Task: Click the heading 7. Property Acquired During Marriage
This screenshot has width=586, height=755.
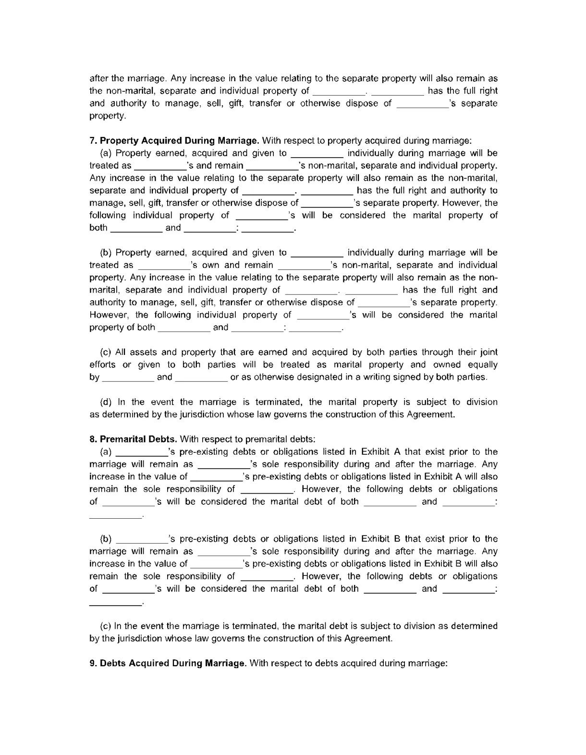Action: (x=174, y=141)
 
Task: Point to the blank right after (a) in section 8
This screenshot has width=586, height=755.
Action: (x=142, y=452)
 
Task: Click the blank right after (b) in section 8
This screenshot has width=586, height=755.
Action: (x=142, y=539)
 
